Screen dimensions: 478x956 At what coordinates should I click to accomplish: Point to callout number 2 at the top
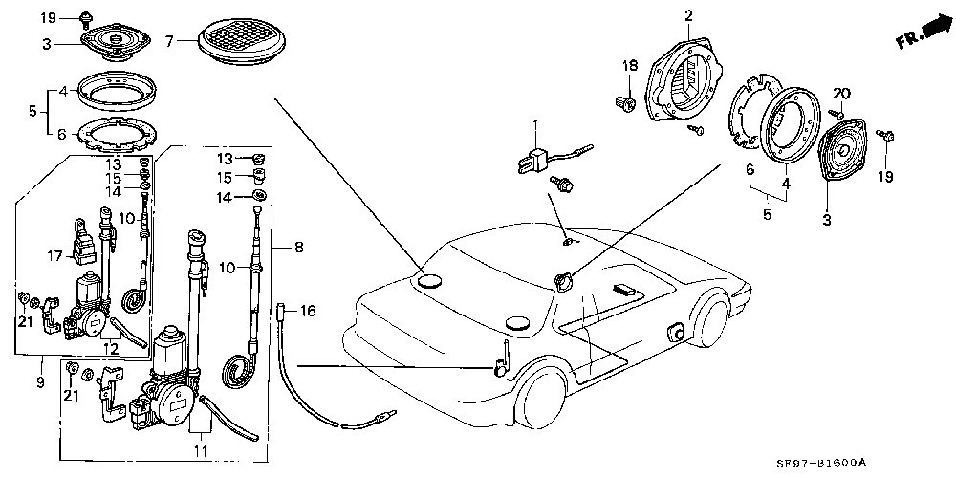point(687,14)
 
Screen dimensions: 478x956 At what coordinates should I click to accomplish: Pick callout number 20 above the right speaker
point(840,93)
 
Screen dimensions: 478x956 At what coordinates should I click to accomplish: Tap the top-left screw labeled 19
point(86,16)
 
